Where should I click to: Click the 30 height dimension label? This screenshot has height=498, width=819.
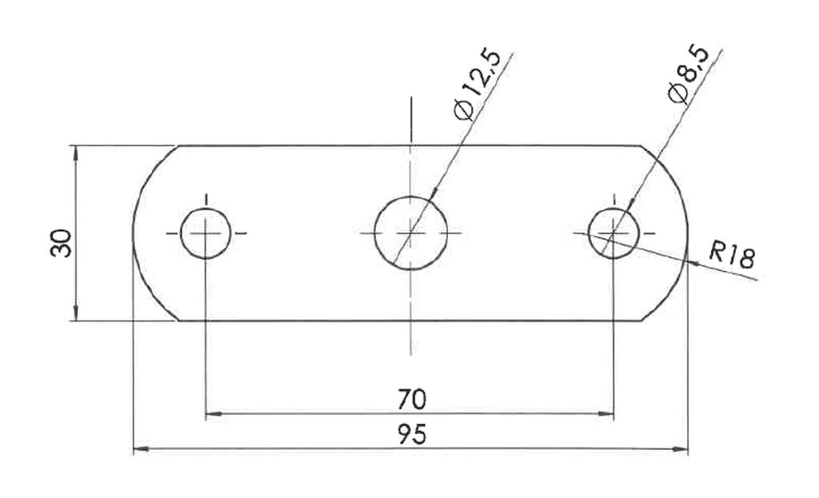(x=61, y=243)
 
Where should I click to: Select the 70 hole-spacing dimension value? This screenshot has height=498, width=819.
(x=412, y=400)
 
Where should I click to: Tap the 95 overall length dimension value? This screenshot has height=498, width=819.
(x=412, y=434)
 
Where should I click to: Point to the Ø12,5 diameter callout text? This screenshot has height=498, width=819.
(x=477, y=85)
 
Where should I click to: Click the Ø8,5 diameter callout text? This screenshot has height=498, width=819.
(x=689, y=74)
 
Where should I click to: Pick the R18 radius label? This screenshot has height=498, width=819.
(x=732, y=255)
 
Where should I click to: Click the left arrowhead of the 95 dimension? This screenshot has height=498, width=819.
(x=141, y=448)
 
